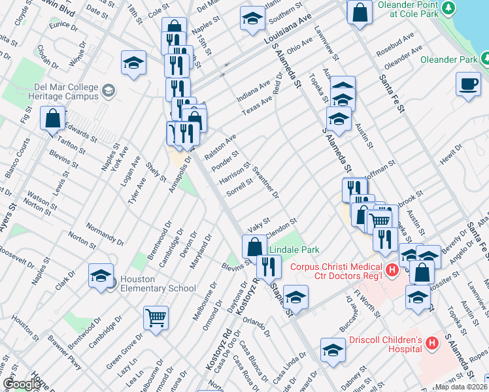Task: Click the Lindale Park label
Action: pos(294,250)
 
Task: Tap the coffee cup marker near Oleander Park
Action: pos(469,84)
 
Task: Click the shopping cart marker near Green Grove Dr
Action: pos(156,318)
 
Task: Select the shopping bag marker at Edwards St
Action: pos(52,119)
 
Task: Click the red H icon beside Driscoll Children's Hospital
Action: pos(432,343)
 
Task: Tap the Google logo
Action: pos(22,384)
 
